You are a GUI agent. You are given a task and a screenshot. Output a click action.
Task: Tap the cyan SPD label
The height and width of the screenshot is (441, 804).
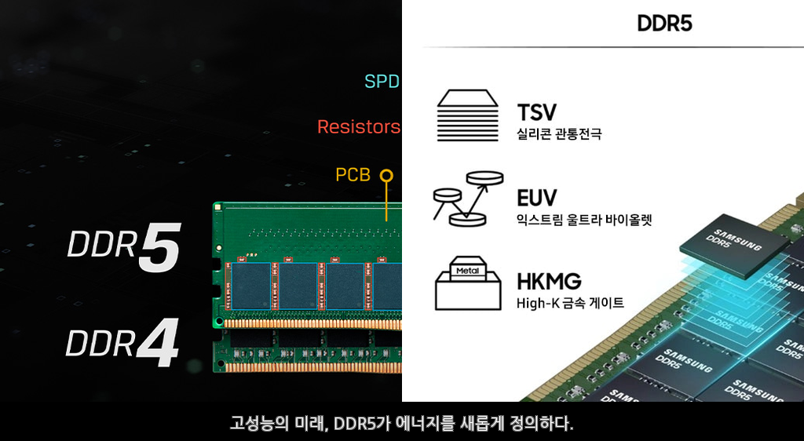[x=382, y=82]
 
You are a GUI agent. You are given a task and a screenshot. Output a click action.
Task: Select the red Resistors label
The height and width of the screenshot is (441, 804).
[x=358, y=127]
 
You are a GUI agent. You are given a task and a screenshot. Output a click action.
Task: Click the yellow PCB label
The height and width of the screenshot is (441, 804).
[x=353, y=175]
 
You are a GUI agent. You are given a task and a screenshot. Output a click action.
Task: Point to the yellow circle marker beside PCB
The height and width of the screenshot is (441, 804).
[x=386, y=175]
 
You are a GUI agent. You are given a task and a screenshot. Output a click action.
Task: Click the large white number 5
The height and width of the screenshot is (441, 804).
[x=159, y=248]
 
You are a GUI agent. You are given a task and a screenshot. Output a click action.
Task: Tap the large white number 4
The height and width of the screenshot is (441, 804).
[x=158, y=342]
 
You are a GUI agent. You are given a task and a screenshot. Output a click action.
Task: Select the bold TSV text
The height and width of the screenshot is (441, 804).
[x=536, y=113]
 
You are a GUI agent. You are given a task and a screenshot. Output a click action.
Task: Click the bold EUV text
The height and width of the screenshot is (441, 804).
[x=537, y=197]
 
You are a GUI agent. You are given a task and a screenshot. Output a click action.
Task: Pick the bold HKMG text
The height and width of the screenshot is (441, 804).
[x=549, y=282]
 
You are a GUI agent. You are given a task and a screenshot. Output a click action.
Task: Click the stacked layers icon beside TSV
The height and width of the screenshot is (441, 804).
[x=468, y=115]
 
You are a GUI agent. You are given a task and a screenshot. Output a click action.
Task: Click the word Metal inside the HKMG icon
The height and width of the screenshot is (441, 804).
[x=467, y=271]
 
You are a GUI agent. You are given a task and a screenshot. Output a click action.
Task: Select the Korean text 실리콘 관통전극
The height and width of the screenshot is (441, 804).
[x=559, y=134]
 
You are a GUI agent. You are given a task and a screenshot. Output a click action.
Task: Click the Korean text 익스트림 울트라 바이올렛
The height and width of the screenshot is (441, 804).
[x=584, y=219]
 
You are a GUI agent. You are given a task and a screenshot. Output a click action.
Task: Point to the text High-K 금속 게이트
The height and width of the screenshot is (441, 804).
[x=570, y=303]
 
